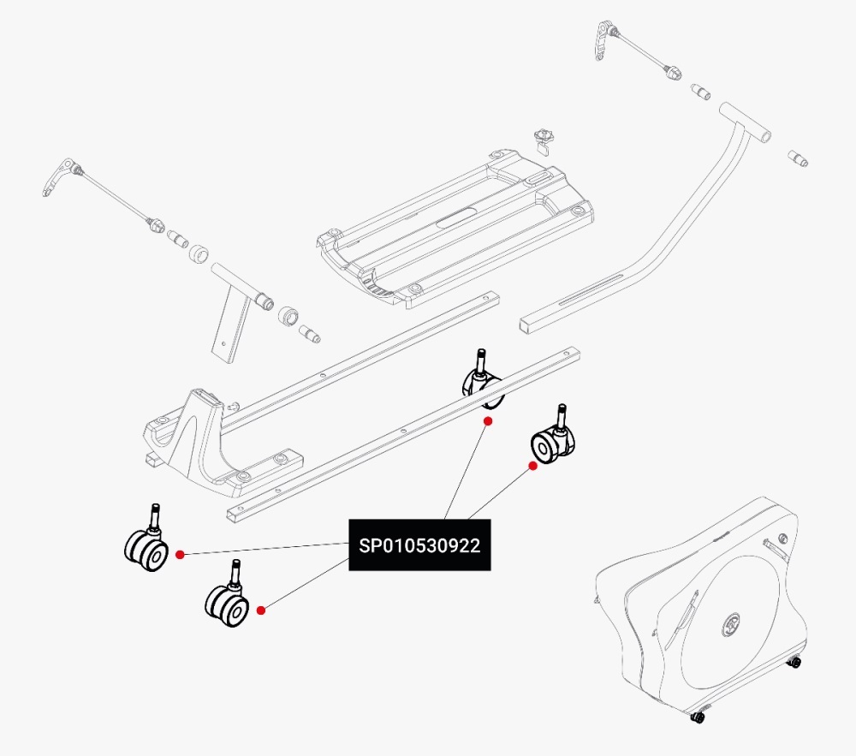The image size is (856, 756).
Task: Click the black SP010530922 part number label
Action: [419, 545]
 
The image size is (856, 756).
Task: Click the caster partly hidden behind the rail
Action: [483, 384]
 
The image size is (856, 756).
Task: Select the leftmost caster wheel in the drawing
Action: [146, 546]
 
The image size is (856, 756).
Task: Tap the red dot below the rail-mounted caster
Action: [487, 421]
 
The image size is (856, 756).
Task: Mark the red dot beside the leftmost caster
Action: [180, 555]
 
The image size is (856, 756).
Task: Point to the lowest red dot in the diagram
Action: [261, 610]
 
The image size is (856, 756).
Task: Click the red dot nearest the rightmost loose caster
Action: [532, 466]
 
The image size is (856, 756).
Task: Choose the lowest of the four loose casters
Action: [226, 604]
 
